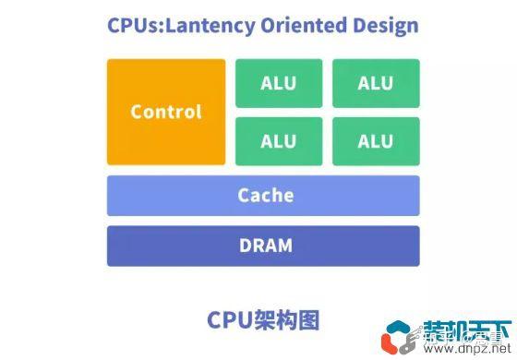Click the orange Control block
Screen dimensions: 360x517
coord(166,112)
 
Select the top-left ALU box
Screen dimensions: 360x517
coord(279,83)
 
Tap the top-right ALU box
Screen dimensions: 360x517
coord(376,83)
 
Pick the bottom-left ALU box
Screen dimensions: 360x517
coord(279,141)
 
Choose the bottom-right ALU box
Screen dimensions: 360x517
coord(376,141)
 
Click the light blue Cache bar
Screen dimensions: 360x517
coord(263,196)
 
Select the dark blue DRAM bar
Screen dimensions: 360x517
coord(263,246)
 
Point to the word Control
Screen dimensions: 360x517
coord(166,112)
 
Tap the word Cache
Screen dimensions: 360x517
coord(266,196)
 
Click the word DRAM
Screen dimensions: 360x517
coord(266,246)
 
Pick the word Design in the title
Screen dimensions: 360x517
coord(385,25)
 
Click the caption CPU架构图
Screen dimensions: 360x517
coord(263,319)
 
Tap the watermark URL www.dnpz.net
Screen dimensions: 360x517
coord(462,350)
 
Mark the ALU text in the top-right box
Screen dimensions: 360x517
coord(376,83)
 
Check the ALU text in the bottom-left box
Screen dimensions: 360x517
coord(279,141)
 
